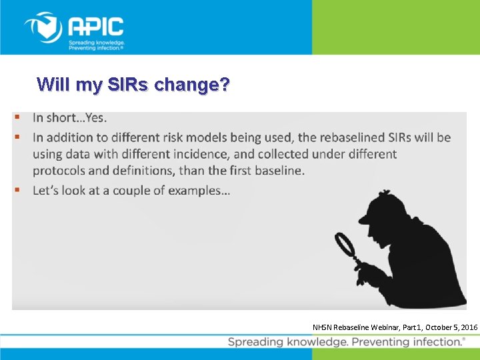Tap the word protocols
pos(61,171)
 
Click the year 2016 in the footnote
pos(468,327)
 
